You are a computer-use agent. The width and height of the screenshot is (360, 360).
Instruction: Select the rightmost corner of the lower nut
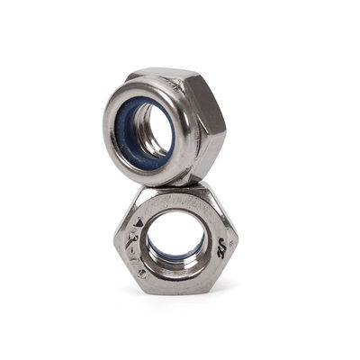coord(238,238)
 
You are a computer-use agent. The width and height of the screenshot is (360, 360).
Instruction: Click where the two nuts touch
coord(180,183)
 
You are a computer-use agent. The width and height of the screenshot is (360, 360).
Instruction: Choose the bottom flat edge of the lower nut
coord(178,290)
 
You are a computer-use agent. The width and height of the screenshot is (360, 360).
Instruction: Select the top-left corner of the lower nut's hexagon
coord(142,191)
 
